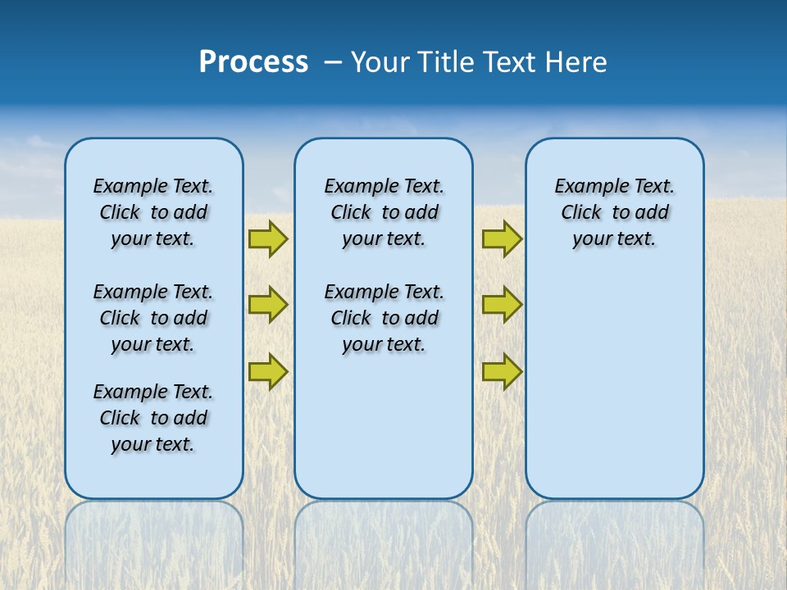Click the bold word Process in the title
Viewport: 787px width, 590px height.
click(253, 62)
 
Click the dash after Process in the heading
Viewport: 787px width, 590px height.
click(333, 63)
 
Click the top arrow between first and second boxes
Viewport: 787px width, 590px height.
click(268, 238)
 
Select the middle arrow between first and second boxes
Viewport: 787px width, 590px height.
click(268, 305)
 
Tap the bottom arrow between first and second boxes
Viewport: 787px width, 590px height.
click(268, 372)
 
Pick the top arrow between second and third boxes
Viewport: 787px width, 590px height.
click(502, 238)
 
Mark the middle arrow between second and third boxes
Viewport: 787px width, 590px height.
click(502, 305)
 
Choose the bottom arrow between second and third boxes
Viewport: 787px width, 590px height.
click(502, 372)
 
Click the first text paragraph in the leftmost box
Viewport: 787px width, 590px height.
click(153, 212)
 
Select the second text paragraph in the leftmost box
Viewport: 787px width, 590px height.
click(153, 318)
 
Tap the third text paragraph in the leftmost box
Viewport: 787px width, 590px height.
click(153, 418)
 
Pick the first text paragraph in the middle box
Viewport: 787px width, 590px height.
click(384, 212)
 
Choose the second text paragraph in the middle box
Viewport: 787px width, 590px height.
click(384, 318)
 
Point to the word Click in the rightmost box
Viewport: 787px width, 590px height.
click(581, 213)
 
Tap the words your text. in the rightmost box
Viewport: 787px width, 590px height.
click(614, 239)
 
